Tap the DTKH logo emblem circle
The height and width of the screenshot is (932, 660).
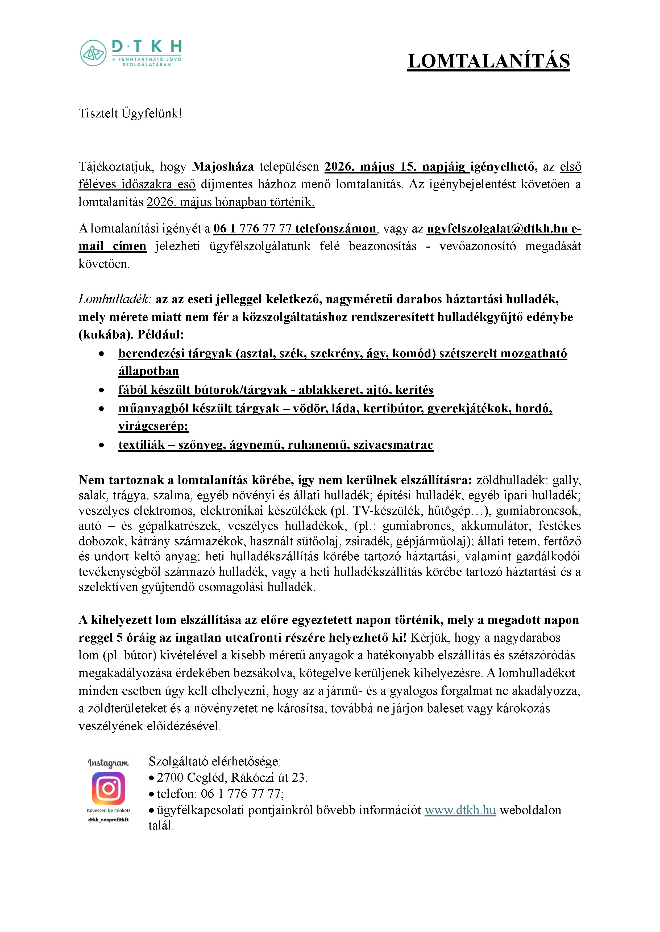click(93, 53)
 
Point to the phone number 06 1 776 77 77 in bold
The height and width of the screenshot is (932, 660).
click(252, 228)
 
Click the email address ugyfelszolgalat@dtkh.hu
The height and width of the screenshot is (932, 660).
click(497, 228)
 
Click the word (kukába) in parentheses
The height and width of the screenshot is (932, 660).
click(105, 334)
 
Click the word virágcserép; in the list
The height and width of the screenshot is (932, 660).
click(153, 426)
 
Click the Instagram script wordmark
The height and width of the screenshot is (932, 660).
click(108, 763)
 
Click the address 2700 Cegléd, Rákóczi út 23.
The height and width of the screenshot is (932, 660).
click(232, 777)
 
